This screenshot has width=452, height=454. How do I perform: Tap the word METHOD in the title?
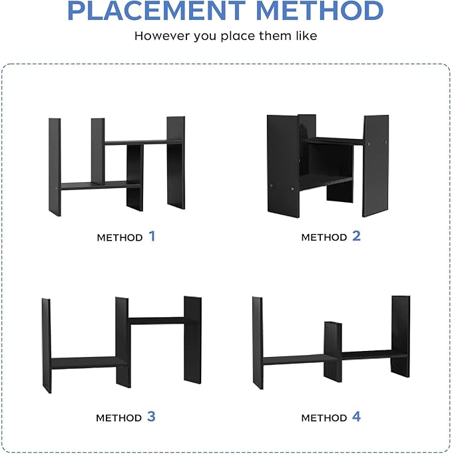pyautogui.click(x=320, y=11)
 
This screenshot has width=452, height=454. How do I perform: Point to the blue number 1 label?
pyautogui.click(x=152, y=236)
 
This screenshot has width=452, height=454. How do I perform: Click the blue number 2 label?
pyautogui.click(x=356, y=236)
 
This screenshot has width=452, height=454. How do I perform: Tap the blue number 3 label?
pyautogui.click(x=151, y=416)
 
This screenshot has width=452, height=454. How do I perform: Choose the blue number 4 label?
pyautogui.click(x=356, y=417)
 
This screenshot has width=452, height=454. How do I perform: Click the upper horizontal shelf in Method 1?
pyautogui.click(x=142, y=142)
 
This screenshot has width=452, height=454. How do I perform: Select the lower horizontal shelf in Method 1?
pyautogui.click(x=100, y=185)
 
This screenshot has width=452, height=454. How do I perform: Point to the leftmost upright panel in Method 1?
pyautogui.click(x=55, y=167)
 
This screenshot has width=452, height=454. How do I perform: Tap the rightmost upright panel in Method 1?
pyautogui.click(x=176, y=162)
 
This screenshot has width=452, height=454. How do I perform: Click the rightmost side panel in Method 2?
pyautogui.click(x=375, y=166)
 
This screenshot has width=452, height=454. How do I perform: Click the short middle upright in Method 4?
pyautogui.click(x=333, y=352)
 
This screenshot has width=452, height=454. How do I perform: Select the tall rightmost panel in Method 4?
pyautogui.click(x=400, y=336)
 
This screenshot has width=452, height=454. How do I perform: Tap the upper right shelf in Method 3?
pyautogui.click(x=156, y=320)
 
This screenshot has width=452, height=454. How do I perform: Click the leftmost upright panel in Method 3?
pyautogui.click(x=47, y=346)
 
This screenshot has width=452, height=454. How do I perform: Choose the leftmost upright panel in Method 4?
pyautogui.click(x=258, y=343)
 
